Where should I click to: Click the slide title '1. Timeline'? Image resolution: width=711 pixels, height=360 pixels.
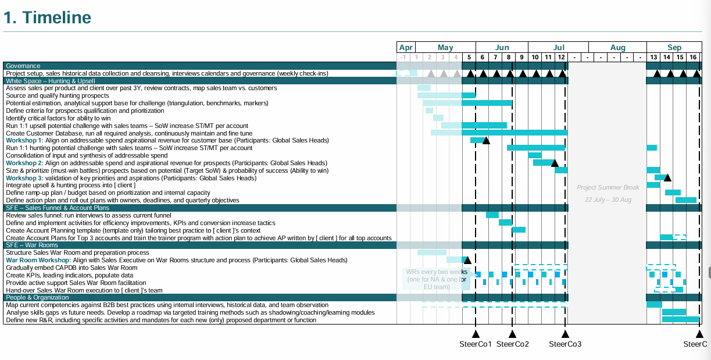pos(48,17)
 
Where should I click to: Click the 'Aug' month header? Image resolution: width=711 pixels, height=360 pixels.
pos(618,48)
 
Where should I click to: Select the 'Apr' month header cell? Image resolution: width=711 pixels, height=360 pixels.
pos(406,48)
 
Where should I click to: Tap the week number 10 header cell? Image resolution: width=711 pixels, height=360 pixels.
pos(535,57)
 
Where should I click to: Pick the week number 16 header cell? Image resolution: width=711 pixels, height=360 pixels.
pos(693,57)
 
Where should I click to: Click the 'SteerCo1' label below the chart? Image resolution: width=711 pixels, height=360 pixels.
pos(476,344)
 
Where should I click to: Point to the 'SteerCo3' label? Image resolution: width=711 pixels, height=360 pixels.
pos(565,344)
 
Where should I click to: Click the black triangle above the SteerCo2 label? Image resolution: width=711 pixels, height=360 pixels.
pos(512,334)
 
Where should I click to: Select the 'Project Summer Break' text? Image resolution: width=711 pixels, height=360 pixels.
pos(608,188)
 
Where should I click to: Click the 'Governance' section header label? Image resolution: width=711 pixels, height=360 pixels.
pos(23,66)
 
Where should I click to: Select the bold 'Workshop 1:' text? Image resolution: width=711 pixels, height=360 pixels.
pos(24,141)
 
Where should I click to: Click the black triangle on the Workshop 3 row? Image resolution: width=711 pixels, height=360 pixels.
pos(667,177)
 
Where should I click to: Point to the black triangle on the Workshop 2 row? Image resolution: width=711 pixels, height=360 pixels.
pos(555,163)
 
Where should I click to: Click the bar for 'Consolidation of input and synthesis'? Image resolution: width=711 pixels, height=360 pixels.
pos(535,155)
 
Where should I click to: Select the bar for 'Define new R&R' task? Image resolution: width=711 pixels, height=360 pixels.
pos(680,319)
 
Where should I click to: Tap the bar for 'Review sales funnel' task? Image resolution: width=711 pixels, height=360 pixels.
pos(492,215)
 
